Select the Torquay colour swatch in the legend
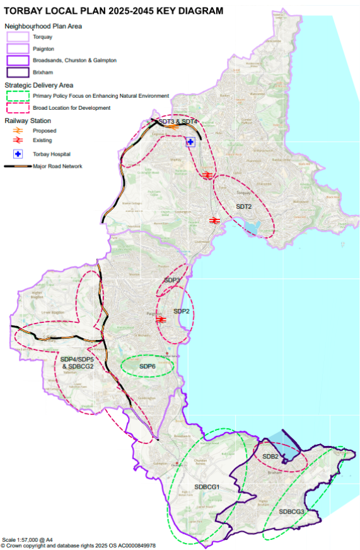(18, 37)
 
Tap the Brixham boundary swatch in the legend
(18, 72)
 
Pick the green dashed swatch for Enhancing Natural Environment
(18, 96)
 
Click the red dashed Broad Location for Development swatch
(18, 108)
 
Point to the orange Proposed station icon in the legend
(18, 131)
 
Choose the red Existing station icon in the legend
(18, 141)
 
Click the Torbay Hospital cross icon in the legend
(18, 154)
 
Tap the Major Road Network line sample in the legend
(18, 167)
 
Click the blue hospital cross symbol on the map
(190, 143)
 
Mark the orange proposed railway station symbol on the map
(171, 126)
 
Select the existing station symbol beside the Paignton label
(161, 320)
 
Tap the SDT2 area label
(243, 207)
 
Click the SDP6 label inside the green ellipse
(148, 366)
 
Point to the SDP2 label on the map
(182, 312)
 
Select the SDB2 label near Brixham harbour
(270, 456)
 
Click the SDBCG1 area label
(207, 487)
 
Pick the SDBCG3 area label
(292, 511)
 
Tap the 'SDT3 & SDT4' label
(177, 121)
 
